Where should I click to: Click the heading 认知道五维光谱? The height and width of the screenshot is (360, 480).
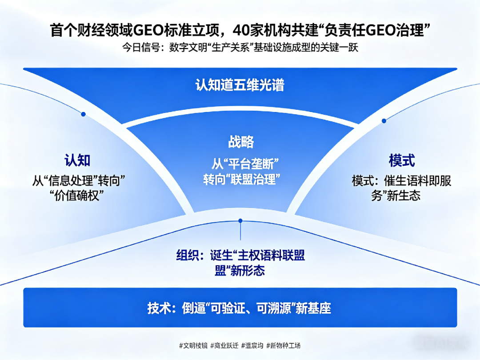click(x=240, y=85)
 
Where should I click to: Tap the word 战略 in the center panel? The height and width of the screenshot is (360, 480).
click(x=241, y=142)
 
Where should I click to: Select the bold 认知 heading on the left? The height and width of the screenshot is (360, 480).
click(x=77, y=160)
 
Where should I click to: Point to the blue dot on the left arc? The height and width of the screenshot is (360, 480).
click(x=83, y=114)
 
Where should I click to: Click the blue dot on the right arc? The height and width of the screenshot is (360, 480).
click(x=384, y=121)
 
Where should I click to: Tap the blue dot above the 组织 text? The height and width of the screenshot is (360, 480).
click(x=240, y=221)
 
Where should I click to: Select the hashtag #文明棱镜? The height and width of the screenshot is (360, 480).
click(x=193, y=346)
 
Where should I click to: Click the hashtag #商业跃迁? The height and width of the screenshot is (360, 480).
click(x=224, y=346)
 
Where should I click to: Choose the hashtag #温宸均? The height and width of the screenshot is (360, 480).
click(x=252, y=346)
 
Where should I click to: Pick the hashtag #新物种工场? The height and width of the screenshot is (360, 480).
click(x=284, y=346)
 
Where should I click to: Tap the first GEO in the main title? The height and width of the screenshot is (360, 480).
click(x=148, y=30)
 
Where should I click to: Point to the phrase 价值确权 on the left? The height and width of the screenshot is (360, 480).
click(x=77, y=196)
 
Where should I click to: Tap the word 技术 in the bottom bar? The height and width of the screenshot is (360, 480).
click(x=158, y=308)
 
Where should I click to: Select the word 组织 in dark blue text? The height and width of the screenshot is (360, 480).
click(x=188, y=255)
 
